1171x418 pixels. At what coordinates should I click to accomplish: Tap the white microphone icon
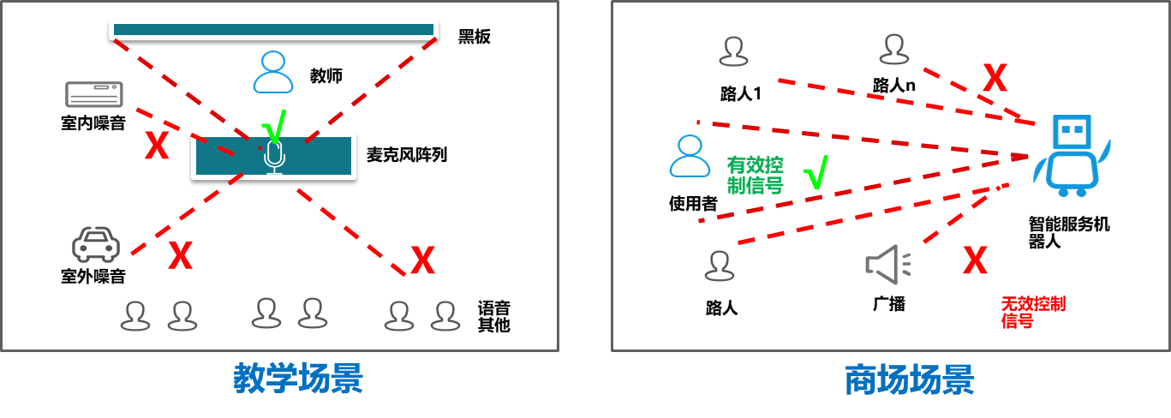(x=273, y=157)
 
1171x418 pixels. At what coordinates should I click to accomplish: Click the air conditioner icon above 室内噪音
(x=94, y=96)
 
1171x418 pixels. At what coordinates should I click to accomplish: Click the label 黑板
(x=475, y=37)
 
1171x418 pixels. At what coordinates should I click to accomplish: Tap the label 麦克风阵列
(x=407, y=155)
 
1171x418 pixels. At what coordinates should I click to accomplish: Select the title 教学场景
(x=298, y=379)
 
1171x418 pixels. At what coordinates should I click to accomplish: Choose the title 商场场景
(x=909, y=379)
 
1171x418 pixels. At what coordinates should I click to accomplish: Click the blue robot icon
(x=1070, y=154)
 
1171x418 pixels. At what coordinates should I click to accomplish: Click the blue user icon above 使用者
(x=690, y=156)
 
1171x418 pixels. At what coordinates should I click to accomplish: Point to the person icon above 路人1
(x=733, y=52)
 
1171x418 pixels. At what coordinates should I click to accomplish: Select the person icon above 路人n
(x=893, y=50)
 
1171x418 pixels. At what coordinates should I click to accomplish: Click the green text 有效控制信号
(x=755, y=175)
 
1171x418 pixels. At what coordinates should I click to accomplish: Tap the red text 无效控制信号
(x=1033, y=313)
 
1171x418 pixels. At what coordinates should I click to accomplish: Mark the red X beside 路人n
(x=995, y=79)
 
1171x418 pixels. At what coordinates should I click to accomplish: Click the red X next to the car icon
(x=180, y=254)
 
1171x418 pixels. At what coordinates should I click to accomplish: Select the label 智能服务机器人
(x=1068, y=232)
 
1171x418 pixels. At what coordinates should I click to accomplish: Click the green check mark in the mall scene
(x=816, y=172)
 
